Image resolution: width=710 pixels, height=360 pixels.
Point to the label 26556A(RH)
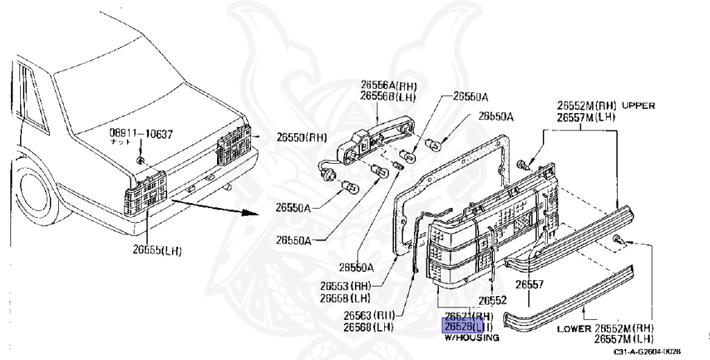[388, 86]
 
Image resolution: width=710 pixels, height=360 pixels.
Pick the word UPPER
[638, 106]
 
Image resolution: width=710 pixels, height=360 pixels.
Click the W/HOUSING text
[471, 337]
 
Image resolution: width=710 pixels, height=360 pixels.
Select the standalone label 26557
[529, 284]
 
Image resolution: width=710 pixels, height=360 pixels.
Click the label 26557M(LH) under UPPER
[587, 117]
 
